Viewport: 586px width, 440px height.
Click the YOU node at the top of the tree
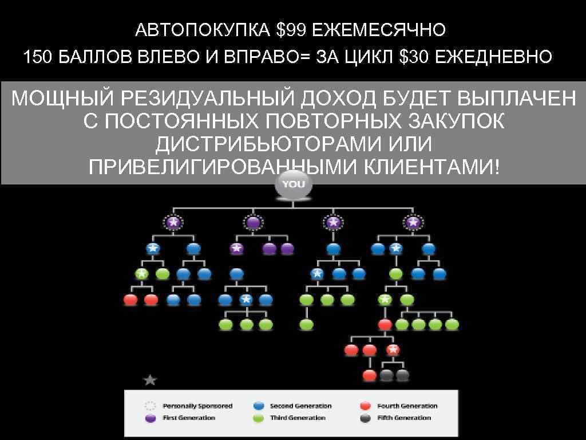tap(294, 184)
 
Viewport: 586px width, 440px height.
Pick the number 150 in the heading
tap(38, 57)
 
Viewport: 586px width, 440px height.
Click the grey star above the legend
tap(150, 380)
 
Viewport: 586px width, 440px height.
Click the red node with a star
tap(392, 349)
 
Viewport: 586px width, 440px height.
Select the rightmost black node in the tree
tap(403, 375)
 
